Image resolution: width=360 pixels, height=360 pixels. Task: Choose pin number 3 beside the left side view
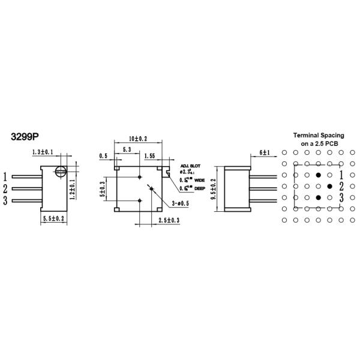tap(5, 200)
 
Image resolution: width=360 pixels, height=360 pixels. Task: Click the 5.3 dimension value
tap(127, 149)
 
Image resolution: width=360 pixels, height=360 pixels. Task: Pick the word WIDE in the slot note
tap(199, 179)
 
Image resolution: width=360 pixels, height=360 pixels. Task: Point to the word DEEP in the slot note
tap(199, 188)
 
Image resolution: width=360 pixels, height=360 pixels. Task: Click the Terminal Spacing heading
tap(318, 135)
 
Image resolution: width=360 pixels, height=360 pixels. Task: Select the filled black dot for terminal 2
tap(329, 186)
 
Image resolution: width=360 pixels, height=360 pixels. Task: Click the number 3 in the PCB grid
tap(341, 197)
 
